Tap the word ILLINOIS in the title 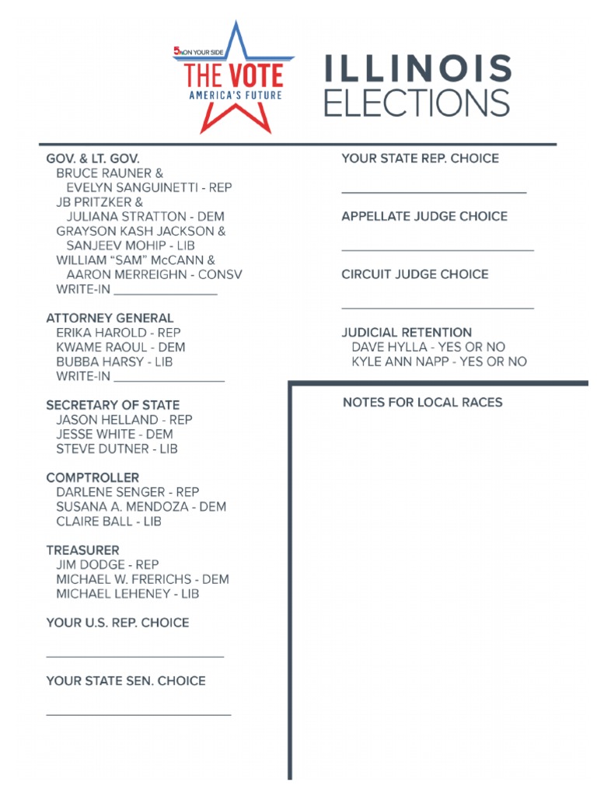pyautogui.click(x=417, y=70)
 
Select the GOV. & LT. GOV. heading pyautogui.click(x=93, y=159)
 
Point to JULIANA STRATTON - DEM pyautogui.click(x=145, y=217)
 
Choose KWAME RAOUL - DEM pyautogui.click(x=120, y=347)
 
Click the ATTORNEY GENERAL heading pyautogui.click(x=110, y=318)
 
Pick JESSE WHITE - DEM pyautogui.click(x=114, y=435)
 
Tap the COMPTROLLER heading pyautogui.click(x=93, y=477)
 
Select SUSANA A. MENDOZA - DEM pyautogui.click(x=141, y=507)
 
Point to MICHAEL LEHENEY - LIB pyautogui.click(x=127, y=594)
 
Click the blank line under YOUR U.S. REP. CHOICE pyautogui.click(x=135, y=657)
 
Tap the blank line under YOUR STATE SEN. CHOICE pyautogui.click(x=138, y=714)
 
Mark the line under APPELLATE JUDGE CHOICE pyautogui.click(x=438, y=250)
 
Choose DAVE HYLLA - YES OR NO pyautogui.click(x=428, y=347)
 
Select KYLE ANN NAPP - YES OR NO pyautogui.click(x=438, y=361)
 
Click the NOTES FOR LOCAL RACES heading pyautogui.click(x=422, y=403)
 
